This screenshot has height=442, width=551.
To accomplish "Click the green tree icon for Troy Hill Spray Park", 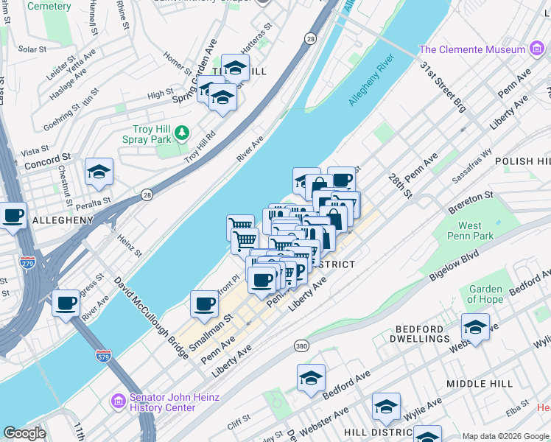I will coord(182,133).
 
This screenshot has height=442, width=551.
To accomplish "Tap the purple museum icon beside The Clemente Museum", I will coord(538,50).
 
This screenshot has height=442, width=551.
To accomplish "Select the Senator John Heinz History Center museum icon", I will coord(118,402).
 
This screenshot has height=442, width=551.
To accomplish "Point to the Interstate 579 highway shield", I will coord(103,357).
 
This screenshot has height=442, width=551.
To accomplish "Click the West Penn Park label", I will coord(470,231).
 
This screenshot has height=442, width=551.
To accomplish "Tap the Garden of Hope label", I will coord(485,294).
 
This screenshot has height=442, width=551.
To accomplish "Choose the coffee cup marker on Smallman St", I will coord(204,302).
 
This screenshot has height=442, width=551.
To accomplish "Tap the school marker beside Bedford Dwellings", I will coord(475,327).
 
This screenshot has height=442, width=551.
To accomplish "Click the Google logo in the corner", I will coord(24,433).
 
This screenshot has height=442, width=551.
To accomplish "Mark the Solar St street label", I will coord(32,49).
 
